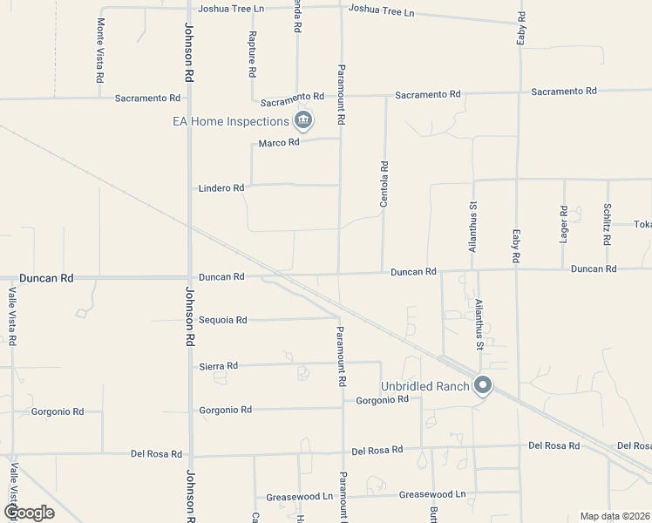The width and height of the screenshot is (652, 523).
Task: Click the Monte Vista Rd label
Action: click(x=100, y=50)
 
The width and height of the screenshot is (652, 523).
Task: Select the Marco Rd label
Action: click(x=279, y=142)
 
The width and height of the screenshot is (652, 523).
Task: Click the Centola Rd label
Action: click(x=384, y=183)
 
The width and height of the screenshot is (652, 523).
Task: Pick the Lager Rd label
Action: click(x=564, y=224)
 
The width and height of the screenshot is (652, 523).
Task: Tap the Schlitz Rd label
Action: click(x=607, y=224)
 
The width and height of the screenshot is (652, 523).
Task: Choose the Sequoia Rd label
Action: click(x=223, y=320)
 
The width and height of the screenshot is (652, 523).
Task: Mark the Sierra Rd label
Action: click(x=218, y=366)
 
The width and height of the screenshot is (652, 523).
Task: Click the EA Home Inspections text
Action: click(x=230, y=122)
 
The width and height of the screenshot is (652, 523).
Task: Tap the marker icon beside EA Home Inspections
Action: click(x=302, y=119)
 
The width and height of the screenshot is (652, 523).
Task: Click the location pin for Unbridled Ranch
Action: click(x=483, y=385)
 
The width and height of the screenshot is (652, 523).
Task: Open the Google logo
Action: click(x=29, y=513)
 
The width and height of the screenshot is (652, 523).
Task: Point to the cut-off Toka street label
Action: click(x=642, y=224)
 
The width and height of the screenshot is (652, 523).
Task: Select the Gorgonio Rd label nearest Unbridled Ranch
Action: click(x=383, y=399)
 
